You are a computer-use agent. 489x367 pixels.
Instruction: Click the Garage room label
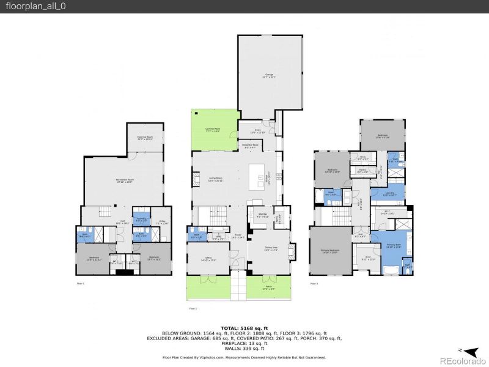click(x=269, y=75)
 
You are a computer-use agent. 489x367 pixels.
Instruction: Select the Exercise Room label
click(x=144, y=139)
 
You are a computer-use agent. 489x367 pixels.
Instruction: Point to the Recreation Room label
click(x=125, y=180)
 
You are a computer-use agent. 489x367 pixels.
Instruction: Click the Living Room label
click(x=215, y=180)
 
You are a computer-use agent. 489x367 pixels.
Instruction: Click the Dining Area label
click(x=271, y=249)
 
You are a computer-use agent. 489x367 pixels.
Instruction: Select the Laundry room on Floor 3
click(x=390, y=194)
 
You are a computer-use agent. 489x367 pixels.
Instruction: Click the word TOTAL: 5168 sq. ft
click(x=244, y=328)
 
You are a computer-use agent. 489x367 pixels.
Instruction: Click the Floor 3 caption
click(x=314, y=284)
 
